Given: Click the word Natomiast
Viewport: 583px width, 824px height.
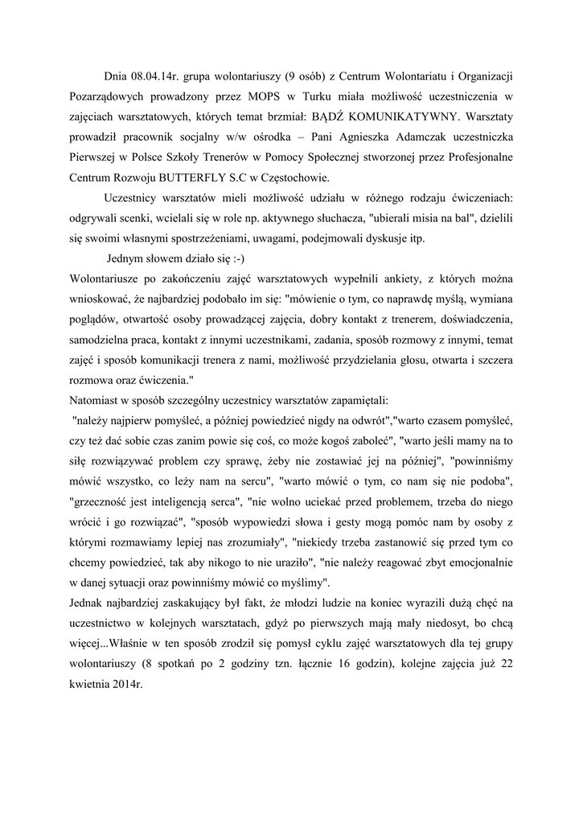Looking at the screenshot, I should tap(96, 399).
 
